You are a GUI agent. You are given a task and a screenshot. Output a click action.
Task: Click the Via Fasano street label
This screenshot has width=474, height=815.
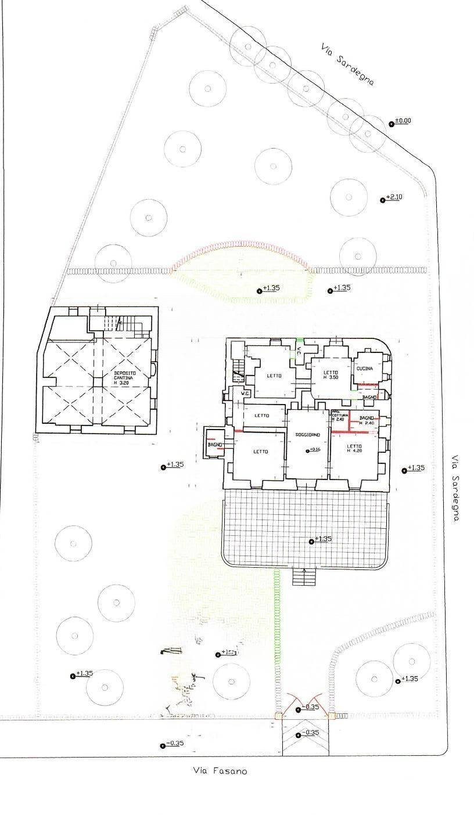pos(220,771)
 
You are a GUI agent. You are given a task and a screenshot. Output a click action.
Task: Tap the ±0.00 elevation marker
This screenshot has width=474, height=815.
pos(402,121)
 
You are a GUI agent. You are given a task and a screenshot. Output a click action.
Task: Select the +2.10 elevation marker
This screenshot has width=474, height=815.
pos(393,197)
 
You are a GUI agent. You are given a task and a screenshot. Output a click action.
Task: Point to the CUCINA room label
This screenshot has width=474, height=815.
pos(364,369)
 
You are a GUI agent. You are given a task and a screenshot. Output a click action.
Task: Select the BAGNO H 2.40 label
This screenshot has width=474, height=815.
pos(367,420)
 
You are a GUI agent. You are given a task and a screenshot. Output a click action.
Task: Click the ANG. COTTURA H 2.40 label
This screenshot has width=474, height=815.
pos(339,415)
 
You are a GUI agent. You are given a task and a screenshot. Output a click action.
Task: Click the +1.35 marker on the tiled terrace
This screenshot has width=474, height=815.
pos(321,539)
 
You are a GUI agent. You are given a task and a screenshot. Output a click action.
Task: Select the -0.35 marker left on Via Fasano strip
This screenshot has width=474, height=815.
pos(173,744)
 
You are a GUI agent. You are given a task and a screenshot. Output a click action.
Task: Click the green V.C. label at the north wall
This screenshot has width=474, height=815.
pos(299,351)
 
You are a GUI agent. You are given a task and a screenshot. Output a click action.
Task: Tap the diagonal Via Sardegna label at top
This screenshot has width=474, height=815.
pos(348,64)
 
